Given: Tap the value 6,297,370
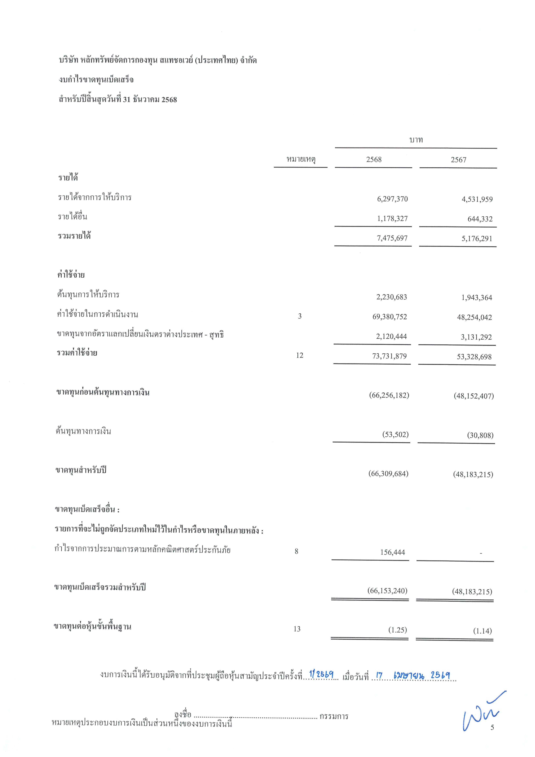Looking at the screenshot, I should (392, 199).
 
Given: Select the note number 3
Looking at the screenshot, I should (300, 316).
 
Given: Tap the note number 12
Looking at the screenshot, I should (300, 355).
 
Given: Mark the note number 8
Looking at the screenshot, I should (296, 551).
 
